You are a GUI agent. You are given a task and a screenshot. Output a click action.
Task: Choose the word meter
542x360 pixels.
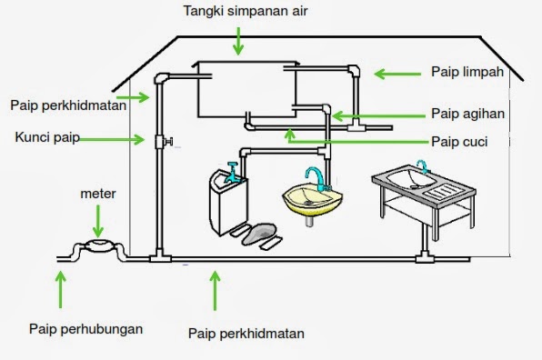(x=98, y=193)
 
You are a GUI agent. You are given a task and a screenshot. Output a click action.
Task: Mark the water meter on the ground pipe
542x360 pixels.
(x=97, y=248)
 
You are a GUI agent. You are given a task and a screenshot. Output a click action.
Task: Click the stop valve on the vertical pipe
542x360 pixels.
(x=165, y=141)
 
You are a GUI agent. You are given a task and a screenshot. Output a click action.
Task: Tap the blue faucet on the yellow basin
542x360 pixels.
(x=314, y=175)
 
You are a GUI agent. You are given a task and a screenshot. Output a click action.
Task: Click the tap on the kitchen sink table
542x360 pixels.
(x=421, y=167)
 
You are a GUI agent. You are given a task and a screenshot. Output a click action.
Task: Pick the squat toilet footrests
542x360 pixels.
(x=257, y=235)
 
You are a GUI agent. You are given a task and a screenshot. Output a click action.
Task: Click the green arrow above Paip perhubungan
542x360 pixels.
(x=61, y=288)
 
